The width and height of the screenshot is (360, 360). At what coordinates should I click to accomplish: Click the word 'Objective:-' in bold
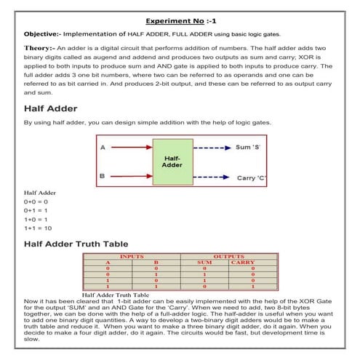41,34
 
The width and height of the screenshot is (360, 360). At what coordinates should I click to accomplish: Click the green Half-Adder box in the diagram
172,161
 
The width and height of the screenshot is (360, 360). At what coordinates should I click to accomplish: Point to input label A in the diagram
103,148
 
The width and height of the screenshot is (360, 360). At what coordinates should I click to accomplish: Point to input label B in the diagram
103,175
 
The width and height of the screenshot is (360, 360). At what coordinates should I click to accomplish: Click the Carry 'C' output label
252,177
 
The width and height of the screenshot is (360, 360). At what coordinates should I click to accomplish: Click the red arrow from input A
130,148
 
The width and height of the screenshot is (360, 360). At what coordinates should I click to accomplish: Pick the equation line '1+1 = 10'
38,228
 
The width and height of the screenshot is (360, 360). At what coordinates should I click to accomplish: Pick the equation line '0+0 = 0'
36,201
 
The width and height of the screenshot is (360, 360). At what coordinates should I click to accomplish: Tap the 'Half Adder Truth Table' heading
76,244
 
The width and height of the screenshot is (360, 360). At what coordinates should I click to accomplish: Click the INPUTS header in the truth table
131,257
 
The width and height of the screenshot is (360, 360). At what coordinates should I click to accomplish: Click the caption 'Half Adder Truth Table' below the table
115,295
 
